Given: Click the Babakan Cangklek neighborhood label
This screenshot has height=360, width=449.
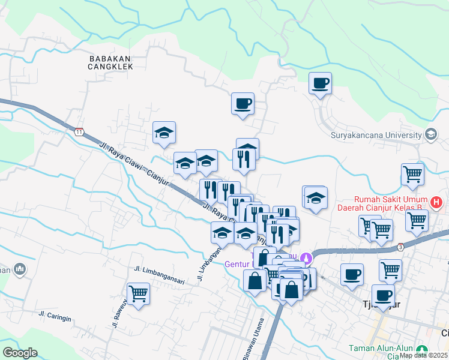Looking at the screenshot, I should [110, 62].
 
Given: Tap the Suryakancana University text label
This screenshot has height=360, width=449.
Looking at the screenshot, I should [376, 134].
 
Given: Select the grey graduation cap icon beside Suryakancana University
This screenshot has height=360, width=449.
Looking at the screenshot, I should [430, 134].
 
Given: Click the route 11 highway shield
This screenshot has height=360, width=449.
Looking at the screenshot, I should [79, 131].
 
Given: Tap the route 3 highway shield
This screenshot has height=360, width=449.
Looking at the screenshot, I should [400, 246].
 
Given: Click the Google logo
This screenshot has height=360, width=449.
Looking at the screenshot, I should [20, 353].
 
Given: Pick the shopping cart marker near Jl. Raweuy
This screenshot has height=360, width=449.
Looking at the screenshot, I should [139, 293].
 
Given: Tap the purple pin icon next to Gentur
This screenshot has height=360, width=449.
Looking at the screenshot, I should [307, 259].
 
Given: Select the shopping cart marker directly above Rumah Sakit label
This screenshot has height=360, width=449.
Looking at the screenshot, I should [412, 174].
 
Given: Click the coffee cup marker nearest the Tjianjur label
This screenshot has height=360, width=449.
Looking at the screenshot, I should [383, 295].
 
